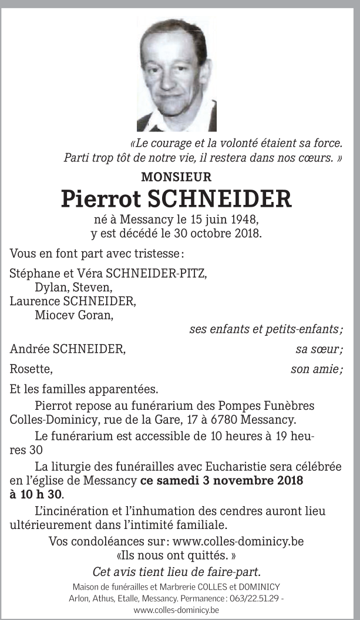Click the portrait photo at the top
pos(177,75)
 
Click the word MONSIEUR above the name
pos(176,177)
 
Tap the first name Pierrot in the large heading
pos(99,199)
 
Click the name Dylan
pos(51,288)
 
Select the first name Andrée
pos(29,350)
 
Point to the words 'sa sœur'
pos(318,350)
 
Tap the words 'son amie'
pos(315,370)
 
